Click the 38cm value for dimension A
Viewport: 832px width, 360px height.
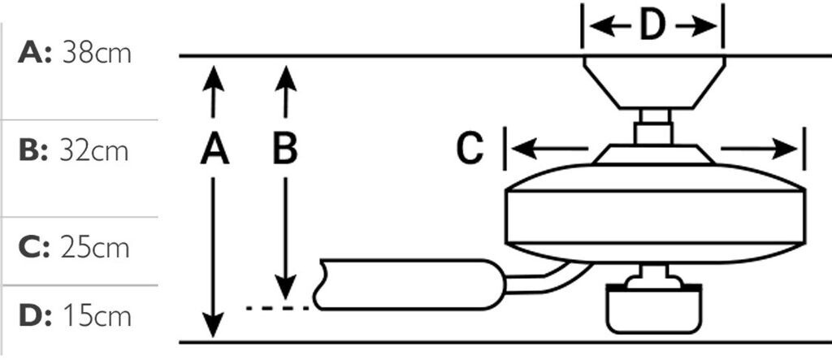pos(96,54)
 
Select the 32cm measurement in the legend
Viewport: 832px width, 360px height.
pos(94,152)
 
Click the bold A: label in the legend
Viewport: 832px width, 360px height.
pos(35,54)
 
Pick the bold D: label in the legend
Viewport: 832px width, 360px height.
pos(35,315)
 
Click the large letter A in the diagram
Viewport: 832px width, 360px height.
pos(214,150)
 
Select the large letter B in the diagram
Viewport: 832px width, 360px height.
pos(284,150)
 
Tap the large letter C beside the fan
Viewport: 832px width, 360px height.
pos(469,149)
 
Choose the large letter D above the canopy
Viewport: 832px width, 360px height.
pos(652,26)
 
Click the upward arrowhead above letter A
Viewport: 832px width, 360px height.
pos(214,76)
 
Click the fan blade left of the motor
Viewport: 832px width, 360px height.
pos(406,284)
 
